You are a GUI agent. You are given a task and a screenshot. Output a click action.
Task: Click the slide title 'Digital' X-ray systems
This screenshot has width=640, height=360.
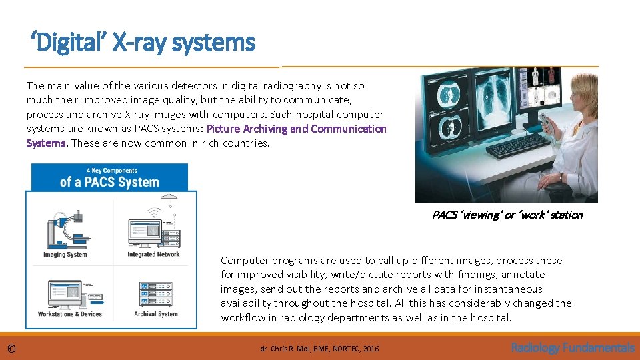pos(143,43)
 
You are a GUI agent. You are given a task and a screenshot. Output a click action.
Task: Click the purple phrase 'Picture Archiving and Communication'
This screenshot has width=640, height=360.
pos(296,129)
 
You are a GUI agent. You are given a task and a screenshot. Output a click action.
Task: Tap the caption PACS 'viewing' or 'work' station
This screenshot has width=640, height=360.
pos(507,215)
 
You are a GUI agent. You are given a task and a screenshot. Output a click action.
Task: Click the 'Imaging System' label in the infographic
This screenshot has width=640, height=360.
pos(65,255)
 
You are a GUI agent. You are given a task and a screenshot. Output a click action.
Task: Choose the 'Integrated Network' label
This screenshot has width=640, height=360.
pos(153,254)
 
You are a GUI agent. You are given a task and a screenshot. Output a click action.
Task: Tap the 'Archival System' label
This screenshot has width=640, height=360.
pos(156,314)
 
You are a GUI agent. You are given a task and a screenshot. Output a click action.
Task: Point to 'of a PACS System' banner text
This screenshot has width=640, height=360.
pos(109,182)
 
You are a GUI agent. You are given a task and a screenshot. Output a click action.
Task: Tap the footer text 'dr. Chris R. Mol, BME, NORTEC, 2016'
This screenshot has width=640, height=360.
pos(319,349)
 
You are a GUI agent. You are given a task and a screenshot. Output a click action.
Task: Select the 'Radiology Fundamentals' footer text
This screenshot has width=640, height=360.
pos(572,347)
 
